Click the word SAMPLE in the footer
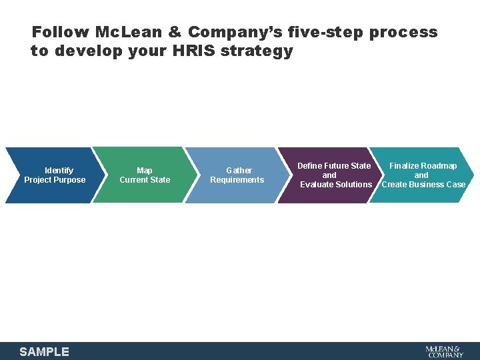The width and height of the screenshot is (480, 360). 44,351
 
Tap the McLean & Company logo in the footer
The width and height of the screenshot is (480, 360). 444,351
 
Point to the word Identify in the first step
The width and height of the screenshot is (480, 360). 59,171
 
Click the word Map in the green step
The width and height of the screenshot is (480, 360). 145,171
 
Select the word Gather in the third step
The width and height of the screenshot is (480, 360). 239,171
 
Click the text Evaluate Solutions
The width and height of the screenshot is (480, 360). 336,184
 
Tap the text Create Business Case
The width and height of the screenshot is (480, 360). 423,184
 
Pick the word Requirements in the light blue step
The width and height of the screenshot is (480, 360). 237,179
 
